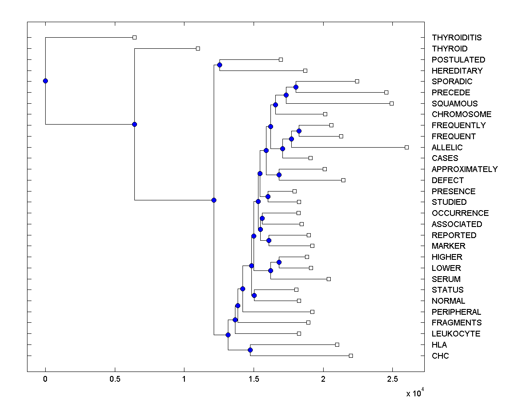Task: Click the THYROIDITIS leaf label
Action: click(x=457, y=38)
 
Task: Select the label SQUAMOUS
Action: click(x=454, y=104)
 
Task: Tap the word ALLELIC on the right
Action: click(x=447, y=148)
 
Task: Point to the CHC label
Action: click(x=440, y=356)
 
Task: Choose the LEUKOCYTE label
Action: click(x=456, y=334)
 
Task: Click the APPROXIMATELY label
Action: click(x=464, y=169)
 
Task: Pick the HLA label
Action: click(x=439, y=345)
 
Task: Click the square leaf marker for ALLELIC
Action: click(x=407, y=147)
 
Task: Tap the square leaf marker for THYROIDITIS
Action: click(x=135, y=37)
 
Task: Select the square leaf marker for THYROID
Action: click(x=198, y=48)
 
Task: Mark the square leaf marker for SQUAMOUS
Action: click(x=391, y=103)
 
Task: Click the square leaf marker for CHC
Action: click(x=351, y=356)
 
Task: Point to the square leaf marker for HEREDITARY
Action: click(x=305, y=70)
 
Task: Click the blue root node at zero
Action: click(x=45, y=81)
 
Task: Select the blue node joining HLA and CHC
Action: click(x=250, y=350)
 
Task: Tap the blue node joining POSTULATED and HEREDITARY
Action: click(x=219, y=65)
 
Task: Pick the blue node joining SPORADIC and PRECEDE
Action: click(x=296, y=87)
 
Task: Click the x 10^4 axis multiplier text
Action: click(x=415, y=393)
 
